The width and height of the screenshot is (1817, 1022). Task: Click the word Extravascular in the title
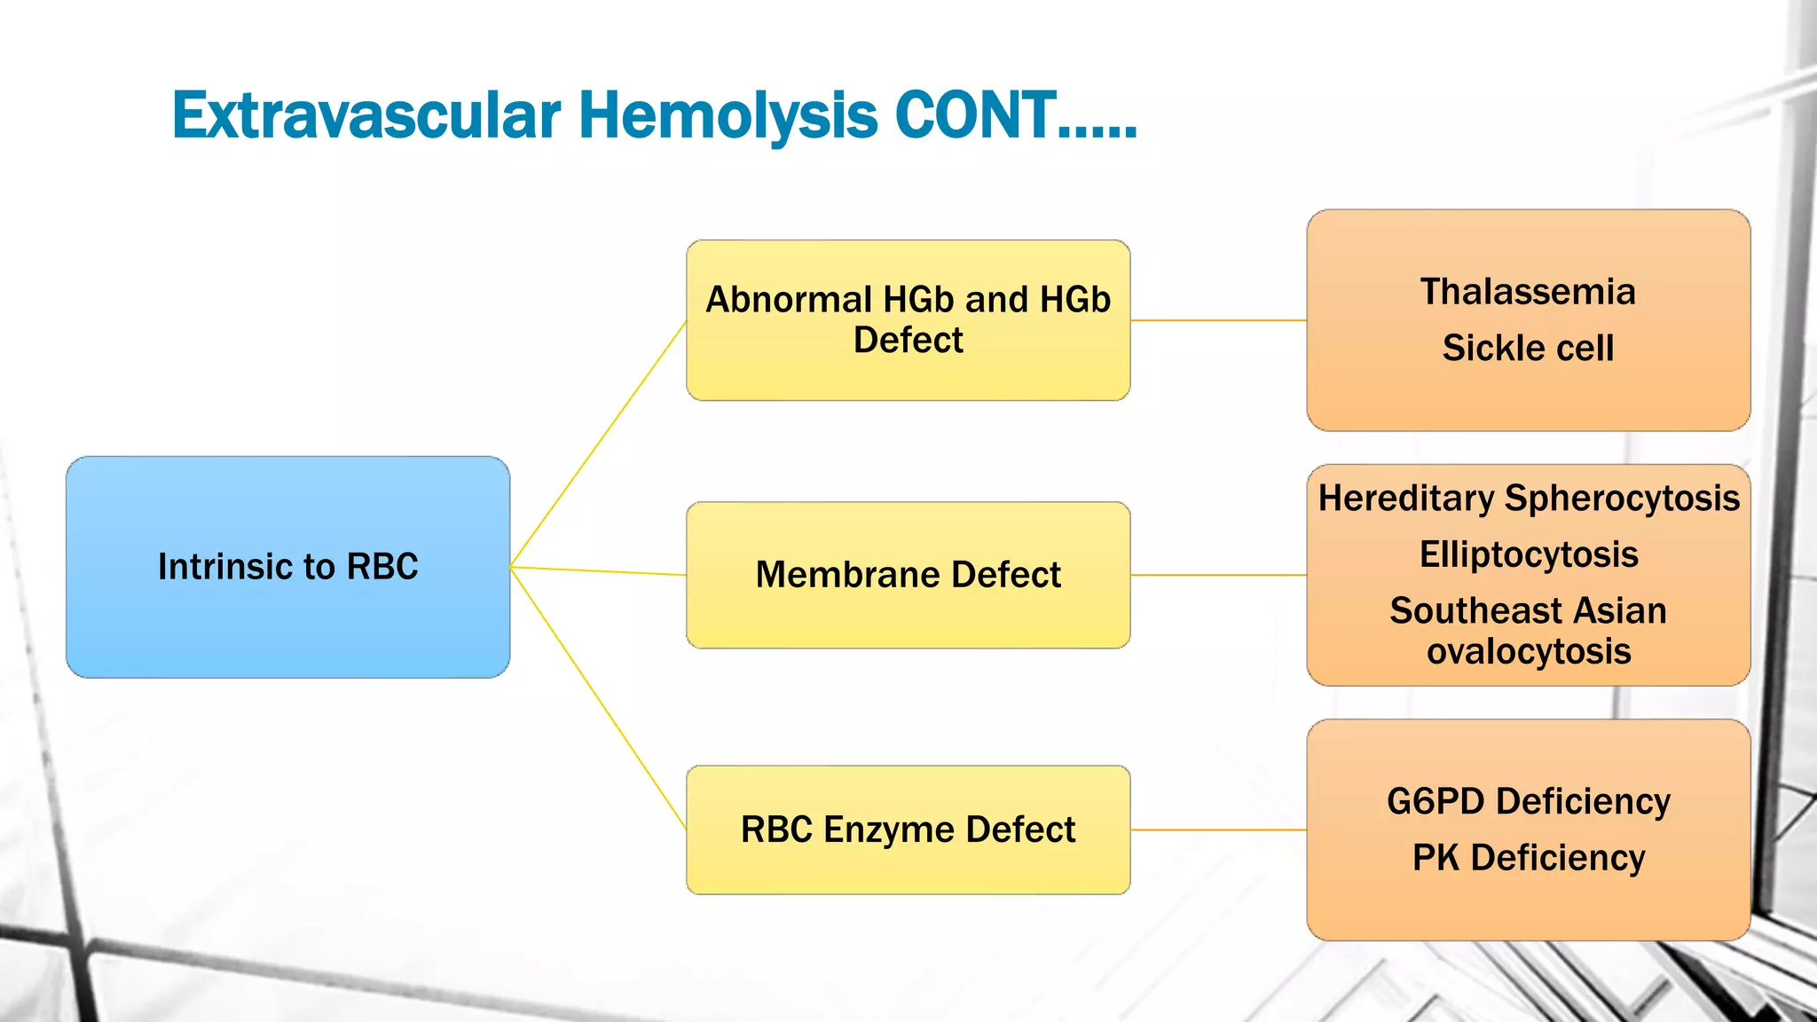pyautogui.click(x=366, y=116)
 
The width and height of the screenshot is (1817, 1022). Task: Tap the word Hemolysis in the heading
pyautogui.click(x=728, y=116)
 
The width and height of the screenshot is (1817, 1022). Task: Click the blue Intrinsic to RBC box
pyautogui.click(x=287, y=567)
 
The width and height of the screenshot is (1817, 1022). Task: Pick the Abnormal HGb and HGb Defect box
pyautogui.click(x=908, y=319)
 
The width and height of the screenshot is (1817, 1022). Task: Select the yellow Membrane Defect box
pyautogui.click(x=908, y=575)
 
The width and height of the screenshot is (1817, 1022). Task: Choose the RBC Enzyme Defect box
pyautogui.click(x=908, y=829)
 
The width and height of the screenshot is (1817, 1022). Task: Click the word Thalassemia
pyautogui.click(x=1528, y=292)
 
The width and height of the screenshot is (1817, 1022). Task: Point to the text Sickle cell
pyautogui.click(x=1528, y=348)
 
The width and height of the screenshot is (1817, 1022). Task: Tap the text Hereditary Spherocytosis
pyautogui.click(x=1528, y=499)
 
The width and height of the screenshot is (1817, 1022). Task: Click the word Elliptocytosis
pyautogui.click(x=1528, y=554)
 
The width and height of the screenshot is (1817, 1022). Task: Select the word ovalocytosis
pyautogui.click(x=1528, y=651)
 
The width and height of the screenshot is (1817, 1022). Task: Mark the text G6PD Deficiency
pyautogui.click(x=1528, y=801)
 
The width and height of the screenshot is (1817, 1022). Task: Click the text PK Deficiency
pyautogui.click(x=1528, y=858)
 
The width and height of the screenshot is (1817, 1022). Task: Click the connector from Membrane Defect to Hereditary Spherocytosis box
pyautogui.click(x=1218, y=575)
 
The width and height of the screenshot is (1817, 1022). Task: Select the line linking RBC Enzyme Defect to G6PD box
pyautogui.click(x=1218, y=829)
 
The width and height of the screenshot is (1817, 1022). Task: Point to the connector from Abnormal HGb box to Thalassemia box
pyautogui.click(x=1218, y=320)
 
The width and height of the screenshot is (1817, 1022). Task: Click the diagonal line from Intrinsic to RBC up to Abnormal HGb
pyautogui.click(x=598, y=444)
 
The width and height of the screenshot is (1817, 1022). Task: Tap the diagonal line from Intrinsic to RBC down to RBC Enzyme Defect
pyautogui.click(x=598, y=698)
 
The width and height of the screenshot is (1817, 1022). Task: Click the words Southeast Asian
pyautogui.click(x=1528, y=610)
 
